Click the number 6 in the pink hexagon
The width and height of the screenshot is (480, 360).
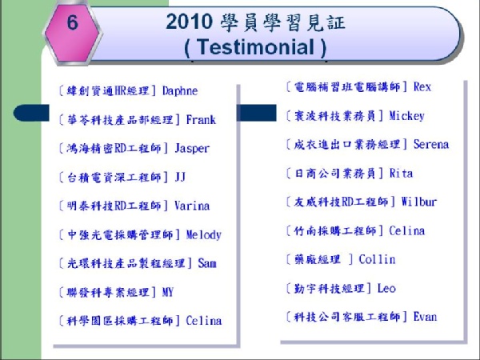point(73,22)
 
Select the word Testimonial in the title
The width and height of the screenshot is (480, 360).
point(255,47)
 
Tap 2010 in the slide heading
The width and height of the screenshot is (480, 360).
point(189,22)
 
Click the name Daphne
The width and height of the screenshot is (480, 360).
point(180,91)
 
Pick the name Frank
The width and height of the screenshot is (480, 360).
point(201,119)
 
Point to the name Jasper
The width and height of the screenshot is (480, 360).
point(192,149)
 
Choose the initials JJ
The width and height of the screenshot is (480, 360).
point(180,177)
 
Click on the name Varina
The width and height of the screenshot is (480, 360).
point(192,206)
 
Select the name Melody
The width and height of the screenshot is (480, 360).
point(203,234)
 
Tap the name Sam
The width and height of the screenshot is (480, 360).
point(207,263)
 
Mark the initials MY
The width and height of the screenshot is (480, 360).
point(168,292)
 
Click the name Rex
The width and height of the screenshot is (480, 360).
point(422,87)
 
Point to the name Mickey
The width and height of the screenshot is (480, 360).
point(407,116)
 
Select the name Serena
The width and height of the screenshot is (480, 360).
point(431,144)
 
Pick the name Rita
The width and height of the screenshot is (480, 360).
point(401,174)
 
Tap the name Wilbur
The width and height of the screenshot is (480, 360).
point(418,202)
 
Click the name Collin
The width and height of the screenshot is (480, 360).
point(377,259)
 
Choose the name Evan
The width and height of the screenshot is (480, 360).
point(425,317)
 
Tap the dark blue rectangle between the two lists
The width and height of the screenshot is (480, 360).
point(257,113)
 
